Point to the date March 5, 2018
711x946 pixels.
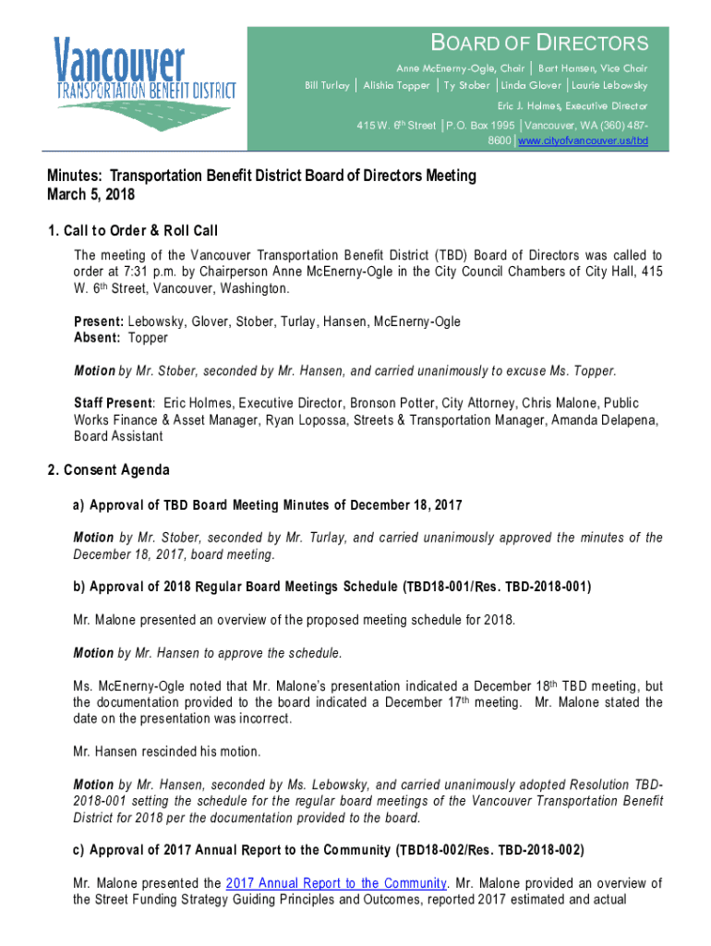(91, 195)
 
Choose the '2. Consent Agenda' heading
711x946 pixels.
(109, 470)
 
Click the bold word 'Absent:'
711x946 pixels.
(97, 338)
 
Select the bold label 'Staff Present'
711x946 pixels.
(112, 404)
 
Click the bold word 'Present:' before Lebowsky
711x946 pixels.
(100, 321)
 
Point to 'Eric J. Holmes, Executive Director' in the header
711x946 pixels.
(572, 105)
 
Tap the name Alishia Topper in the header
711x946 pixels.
(396, 86)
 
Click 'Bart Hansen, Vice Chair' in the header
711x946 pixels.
(593, 68)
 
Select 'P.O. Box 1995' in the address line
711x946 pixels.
(480, 125)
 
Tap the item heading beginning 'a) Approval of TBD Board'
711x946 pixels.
(268, 504)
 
